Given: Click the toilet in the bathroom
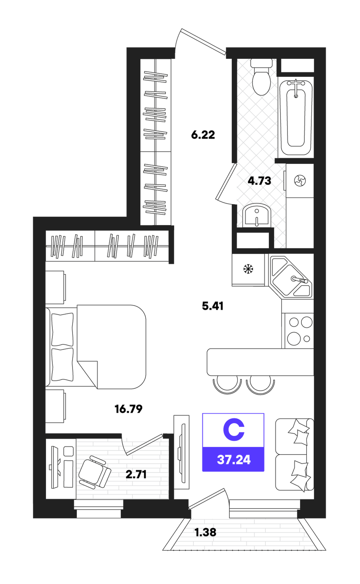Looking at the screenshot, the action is pos(262,77).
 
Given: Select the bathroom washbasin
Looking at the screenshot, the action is pos(257,215).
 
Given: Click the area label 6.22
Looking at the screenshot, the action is pos(203,135).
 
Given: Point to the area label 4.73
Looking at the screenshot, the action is pos(259,181).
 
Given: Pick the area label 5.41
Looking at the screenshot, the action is pos(213,306).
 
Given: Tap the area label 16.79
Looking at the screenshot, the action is pos(129,409).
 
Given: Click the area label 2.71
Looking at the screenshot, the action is pos(136,475).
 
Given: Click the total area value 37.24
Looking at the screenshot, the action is pos(234,459).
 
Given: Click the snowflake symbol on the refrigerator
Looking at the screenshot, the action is pos(248,269).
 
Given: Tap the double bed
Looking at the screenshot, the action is pos(96,347).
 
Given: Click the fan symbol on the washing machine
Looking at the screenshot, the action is pos(300,180).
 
